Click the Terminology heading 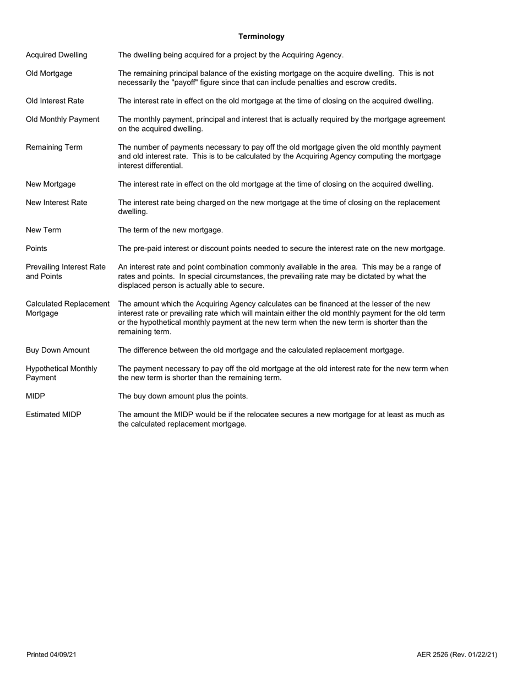point(261,36)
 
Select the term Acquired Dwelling point(56,55)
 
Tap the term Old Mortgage point(49,73)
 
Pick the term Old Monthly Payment point(63,119)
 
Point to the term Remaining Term point(54,147)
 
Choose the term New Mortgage point(51,184)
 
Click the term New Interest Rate point(56,203)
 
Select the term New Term point(43,230)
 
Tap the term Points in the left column point(36,249)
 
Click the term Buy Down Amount point(57,350)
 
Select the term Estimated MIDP point(53,414)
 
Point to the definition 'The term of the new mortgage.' point(171,230)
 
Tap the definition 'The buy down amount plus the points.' point(183,396)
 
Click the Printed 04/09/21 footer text point(51,654)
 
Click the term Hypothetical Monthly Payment point(61,373)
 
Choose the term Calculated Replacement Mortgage point(68,308)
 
